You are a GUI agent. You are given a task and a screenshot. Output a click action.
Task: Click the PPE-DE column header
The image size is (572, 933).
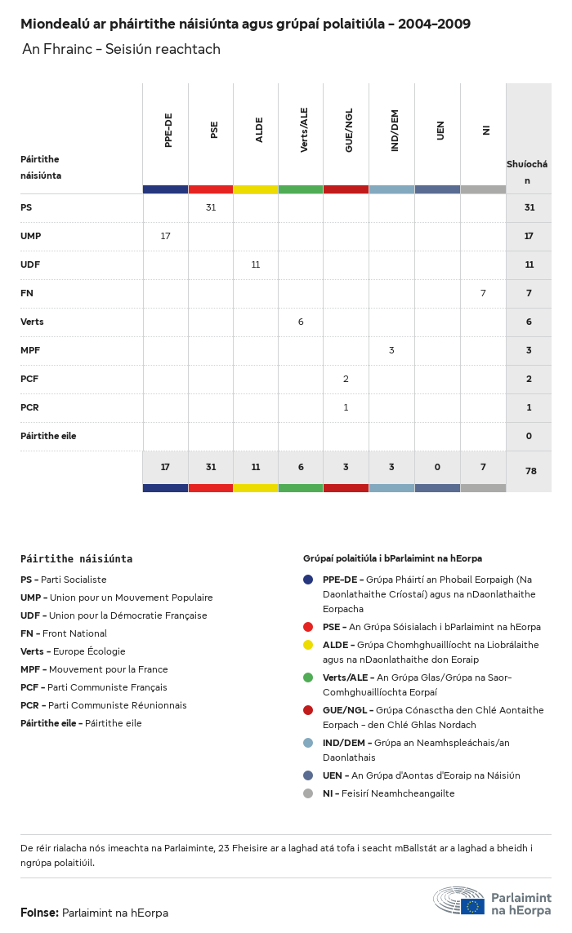click(168, 130)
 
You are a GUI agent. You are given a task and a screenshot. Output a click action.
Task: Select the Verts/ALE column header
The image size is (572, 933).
click(304, 130)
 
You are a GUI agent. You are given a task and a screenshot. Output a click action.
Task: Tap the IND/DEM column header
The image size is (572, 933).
click(395, 130)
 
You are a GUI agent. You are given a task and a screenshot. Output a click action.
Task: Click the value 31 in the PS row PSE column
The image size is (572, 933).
click(211, 207)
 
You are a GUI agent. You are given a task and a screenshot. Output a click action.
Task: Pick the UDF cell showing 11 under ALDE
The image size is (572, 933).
click(256, 264)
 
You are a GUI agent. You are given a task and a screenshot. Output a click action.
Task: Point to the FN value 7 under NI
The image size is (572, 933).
click(483, 293)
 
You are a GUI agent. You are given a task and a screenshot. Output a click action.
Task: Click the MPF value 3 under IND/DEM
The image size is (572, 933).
click(391, 350)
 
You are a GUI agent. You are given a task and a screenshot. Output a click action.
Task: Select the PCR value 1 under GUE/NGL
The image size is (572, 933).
click(346, 407)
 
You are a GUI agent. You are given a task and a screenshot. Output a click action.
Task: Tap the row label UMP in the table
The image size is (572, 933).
click(31, 236)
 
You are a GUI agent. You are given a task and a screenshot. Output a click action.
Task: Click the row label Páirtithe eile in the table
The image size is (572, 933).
click(48, 436)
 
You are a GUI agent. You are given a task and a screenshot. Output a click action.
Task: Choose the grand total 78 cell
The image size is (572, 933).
click(529, 471)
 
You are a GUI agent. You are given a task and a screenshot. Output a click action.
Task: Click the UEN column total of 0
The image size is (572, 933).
click(437, 467)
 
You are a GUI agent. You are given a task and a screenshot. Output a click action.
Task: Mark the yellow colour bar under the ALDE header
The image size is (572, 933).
click(256, 189)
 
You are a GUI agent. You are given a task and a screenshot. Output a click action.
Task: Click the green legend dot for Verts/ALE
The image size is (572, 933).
click(308, 678)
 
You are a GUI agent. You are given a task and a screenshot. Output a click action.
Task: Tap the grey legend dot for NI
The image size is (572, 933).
click(308, 793)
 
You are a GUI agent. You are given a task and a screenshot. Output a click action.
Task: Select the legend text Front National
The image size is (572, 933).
click(74, 633)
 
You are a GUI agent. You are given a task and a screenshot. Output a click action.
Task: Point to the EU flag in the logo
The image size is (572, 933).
click(472, 905)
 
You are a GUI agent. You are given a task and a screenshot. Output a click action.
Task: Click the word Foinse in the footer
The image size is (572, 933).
click(39, 913)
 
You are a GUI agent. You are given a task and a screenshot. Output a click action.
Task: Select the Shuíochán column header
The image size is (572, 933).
click(527, 171)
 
